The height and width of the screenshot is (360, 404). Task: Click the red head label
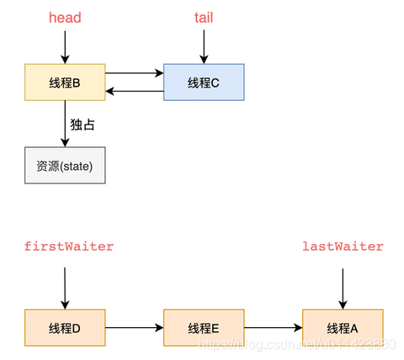65,18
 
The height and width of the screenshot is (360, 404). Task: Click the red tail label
203,18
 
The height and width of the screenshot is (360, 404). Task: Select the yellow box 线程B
65,82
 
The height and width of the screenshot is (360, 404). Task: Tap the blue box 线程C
203,82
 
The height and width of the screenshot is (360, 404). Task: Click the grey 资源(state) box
65,167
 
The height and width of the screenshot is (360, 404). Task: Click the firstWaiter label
68,246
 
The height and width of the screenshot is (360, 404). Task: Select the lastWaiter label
343,246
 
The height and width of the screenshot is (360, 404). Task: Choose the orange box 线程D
65,327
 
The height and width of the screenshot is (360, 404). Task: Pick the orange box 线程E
203,327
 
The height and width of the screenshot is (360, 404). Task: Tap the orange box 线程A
343,327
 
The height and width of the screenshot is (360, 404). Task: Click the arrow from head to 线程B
65,46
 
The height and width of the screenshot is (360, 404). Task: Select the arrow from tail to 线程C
203,46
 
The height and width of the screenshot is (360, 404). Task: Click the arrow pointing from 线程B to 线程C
134,73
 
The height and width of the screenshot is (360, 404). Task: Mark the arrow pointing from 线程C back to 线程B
134,90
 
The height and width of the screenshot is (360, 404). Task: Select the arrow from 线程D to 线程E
134,327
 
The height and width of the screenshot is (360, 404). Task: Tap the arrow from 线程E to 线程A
273,327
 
